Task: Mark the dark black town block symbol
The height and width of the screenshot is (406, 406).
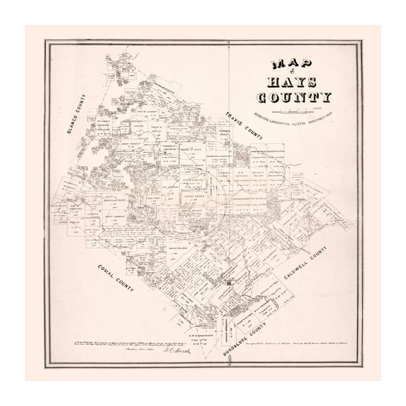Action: [228, 283]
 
